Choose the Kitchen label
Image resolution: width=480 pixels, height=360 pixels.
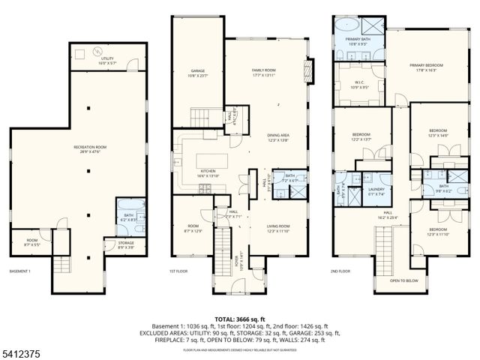(x=208, y=172)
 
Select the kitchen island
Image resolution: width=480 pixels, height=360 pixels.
(x=212, y=160)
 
